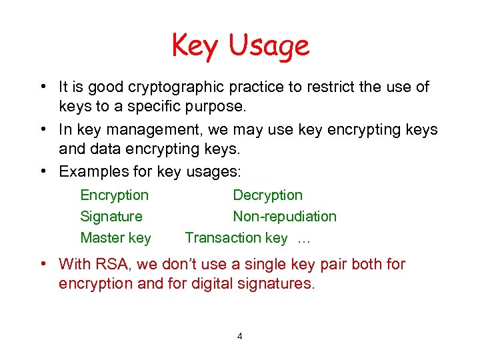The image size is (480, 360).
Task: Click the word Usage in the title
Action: [269, 47]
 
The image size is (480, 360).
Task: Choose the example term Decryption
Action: [267, 195]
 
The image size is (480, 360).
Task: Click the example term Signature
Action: [111, 217]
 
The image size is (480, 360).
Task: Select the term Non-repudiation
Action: [285, 217]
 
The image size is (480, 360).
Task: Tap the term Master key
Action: [115, 238]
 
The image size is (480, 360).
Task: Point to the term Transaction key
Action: [236, 238]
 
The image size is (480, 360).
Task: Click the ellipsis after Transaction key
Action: [305, 238]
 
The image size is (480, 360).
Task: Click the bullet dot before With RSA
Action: [43, 264]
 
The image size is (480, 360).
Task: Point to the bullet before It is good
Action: [43, 87]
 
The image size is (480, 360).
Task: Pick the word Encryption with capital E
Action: [114, 195]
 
